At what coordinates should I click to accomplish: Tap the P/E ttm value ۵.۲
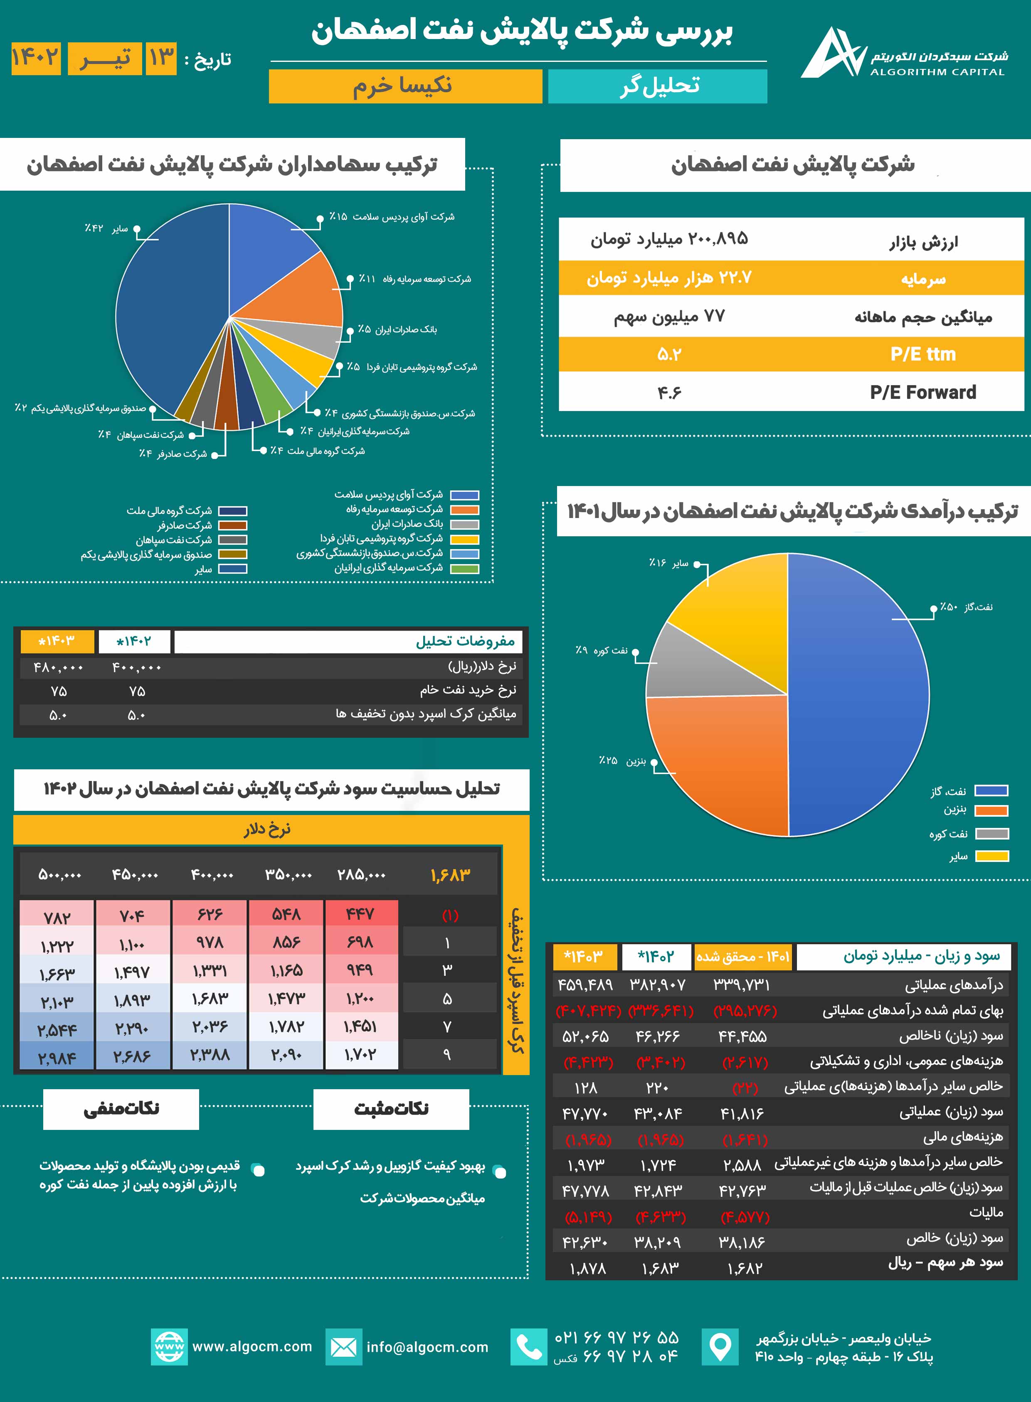click(x=669, y=354)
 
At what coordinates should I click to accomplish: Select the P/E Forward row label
click(x=922, y=392)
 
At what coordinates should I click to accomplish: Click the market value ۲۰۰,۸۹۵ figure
click(x=718, y=239)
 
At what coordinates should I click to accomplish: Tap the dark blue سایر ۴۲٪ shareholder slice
click(x=162, y=312)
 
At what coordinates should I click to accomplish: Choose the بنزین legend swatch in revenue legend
click(x=991, y=811)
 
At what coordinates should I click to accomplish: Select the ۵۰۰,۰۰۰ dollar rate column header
click(x=60, y=874)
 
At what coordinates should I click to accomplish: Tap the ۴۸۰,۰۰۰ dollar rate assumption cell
click(x=58, y=667)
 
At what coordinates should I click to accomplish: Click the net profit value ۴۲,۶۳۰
click(x=585, y=1242)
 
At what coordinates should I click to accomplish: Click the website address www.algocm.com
click(x=252, y=1346)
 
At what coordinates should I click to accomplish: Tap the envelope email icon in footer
click(x=343, y=1347)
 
